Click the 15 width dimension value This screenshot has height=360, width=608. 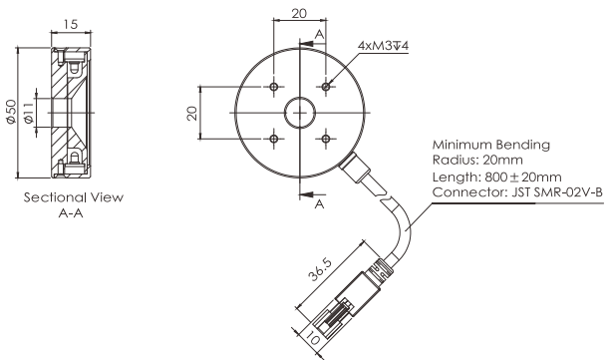tap(71, 25)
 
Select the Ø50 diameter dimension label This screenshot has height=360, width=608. tap(11, 112)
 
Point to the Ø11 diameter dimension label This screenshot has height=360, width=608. tap(28, 113)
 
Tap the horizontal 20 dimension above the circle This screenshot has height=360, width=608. tap(299, 14)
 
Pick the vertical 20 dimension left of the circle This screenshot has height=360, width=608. tap(192, 113)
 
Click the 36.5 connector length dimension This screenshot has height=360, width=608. tap(320, 269)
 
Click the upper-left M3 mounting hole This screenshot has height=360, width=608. tap(274, 86)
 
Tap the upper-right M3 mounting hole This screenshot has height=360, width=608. tap(326, 86)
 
